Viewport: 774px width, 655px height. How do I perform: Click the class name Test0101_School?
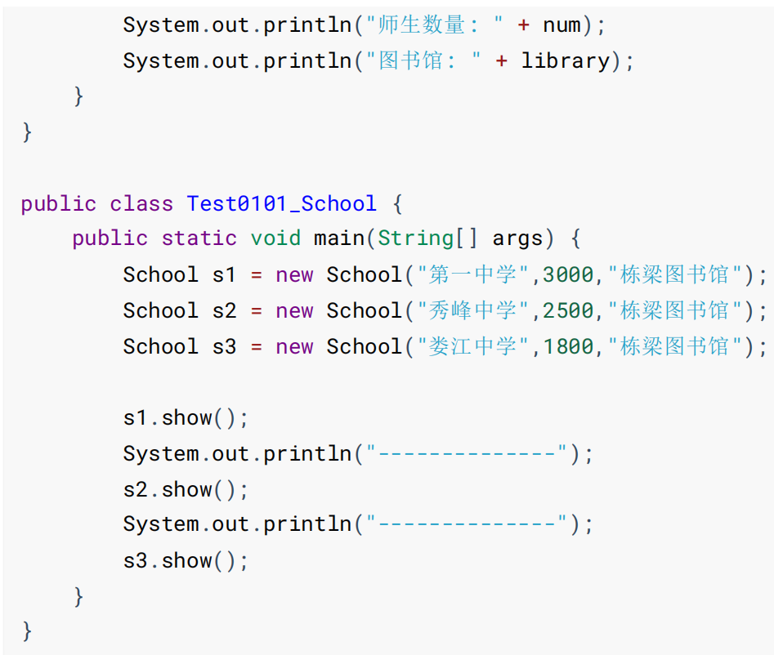pos(282,203)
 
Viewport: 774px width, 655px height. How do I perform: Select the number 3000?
pos(568,274)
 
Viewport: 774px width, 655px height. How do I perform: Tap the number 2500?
pos(568,310)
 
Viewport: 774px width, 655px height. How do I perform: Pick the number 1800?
pos(568,346)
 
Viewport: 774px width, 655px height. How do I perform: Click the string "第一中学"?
pos(472,274)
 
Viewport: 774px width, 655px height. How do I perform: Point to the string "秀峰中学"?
pos(472,310)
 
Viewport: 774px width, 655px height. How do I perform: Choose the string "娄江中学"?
pos(472,346)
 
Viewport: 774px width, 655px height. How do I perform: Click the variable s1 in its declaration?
pos(224,274)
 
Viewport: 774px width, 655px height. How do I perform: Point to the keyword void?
pos(275,238)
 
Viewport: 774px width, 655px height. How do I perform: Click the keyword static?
pos(199,238)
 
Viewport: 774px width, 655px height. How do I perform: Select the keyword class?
pos(141,203)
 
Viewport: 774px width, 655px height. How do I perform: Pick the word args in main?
pos(517,238)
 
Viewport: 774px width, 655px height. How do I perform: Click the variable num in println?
pos(561,25)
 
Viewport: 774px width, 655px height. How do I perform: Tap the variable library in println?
pos(566,60)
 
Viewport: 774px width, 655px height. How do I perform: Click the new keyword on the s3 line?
pos(294,346)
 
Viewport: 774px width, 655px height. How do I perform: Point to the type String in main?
pos(415,238)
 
